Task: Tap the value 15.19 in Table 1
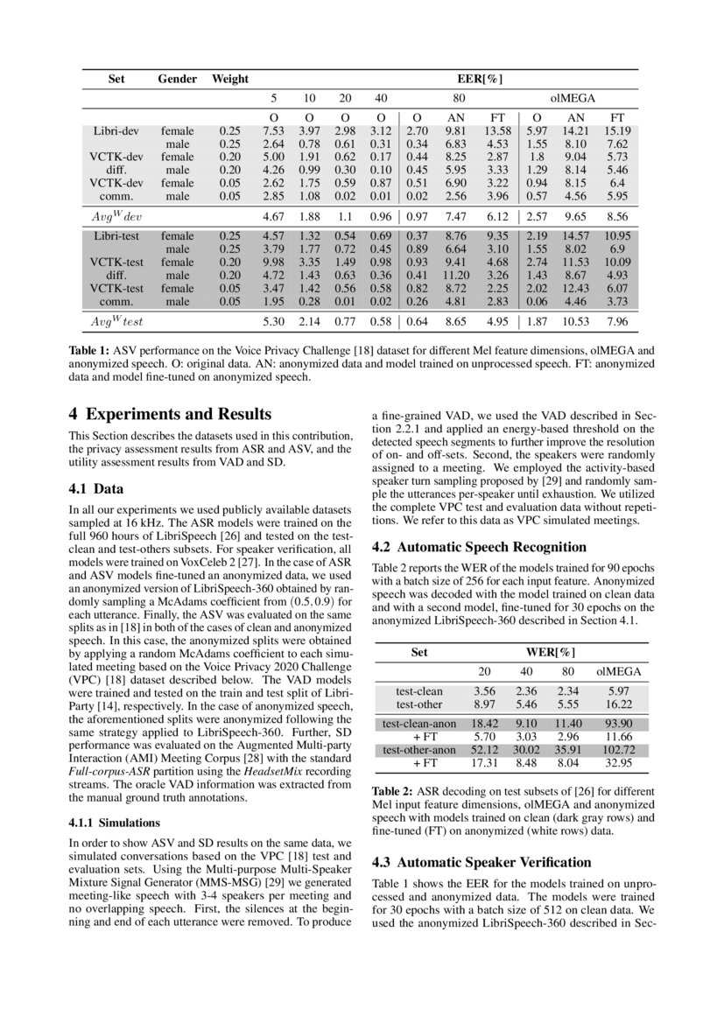[617, 131]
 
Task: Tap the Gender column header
[178, 80]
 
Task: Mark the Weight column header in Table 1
[230, 80]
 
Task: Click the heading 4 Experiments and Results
[170, 414]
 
